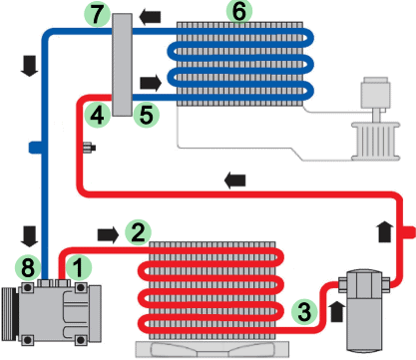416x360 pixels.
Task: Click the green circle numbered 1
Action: (79, 267)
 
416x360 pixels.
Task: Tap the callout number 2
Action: (138, 232)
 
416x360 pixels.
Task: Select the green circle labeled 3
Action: (304, 311)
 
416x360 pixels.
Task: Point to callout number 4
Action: (97, 116)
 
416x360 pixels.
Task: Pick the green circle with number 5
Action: (147, 115)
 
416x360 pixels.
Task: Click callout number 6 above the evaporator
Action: (239, 11)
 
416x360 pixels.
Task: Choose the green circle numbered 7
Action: (97, 14)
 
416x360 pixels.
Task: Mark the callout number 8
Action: (28, 267)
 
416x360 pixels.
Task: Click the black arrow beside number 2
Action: (108, 235)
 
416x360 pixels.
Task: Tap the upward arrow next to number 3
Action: (337, 311)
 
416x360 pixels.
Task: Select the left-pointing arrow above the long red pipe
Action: (235, 180)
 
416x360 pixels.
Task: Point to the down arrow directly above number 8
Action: (29, 236)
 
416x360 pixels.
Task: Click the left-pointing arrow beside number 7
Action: (150, 17)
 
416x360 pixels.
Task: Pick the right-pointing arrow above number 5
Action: (151, 83)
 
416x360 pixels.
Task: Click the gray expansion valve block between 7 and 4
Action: (122, 65)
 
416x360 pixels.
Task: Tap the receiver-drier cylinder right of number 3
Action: (364, 311)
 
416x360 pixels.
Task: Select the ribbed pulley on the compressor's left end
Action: (9, 314)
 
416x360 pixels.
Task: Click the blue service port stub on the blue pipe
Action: (35, 148)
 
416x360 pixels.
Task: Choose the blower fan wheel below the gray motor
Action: (376, 142)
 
